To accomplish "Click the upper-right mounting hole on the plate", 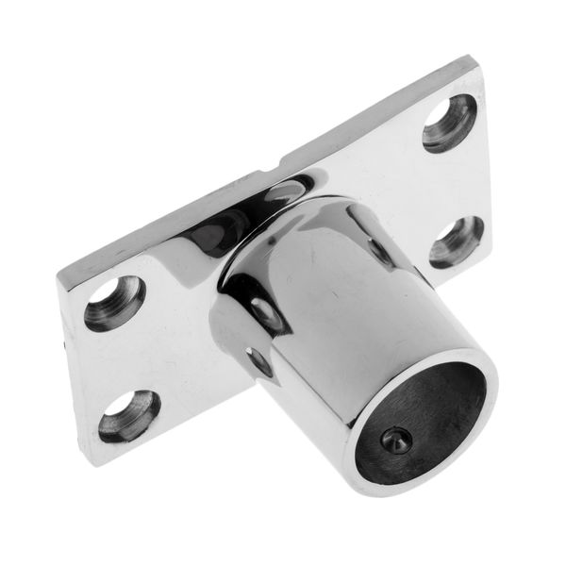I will point(449,123).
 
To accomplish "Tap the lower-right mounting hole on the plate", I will point(457,241).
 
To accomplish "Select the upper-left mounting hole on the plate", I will point(114,303).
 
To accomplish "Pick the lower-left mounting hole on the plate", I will point(129,416).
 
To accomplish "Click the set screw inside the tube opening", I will point(397,438).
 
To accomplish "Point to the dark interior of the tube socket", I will point(415,406).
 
